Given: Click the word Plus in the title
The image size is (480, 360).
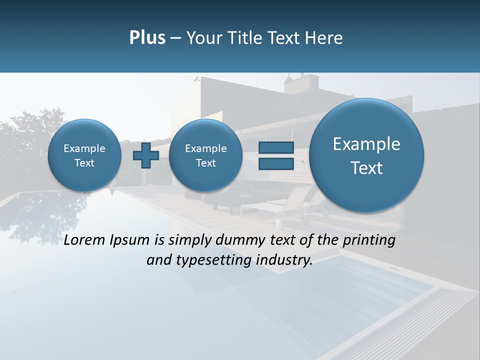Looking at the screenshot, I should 147,38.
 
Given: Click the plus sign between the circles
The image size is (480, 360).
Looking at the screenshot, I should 146,155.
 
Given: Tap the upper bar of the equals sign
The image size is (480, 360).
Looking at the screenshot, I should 275,147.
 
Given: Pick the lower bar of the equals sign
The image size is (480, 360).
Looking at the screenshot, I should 275,163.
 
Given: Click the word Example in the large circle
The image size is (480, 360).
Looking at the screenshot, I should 366,144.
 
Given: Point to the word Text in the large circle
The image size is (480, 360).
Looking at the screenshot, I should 366,168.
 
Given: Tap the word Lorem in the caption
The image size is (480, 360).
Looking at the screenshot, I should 85,240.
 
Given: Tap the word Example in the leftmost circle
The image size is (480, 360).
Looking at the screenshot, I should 84,148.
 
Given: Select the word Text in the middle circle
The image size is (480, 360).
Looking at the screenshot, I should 205,163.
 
